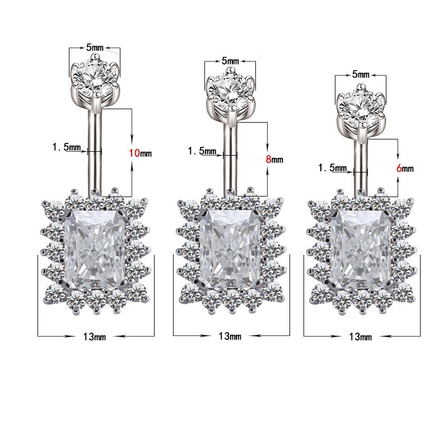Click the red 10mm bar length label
(141, 152)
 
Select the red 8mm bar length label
(274, 159)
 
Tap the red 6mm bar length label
(404, 168)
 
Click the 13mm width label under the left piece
(94, 337)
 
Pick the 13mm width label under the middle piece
(230, 336)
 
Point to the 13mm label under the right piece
(360, 337)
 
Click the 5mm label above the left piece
(94, 49)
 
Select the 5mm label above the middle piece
(230, 60)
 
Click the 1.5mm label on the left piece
(67, 147)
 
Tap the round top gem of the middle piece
(230, 90)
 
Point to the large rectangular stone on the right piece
(361, 249)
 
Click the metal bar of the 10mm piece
(95, 151)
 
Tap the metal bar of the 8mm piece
(230, 160)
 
